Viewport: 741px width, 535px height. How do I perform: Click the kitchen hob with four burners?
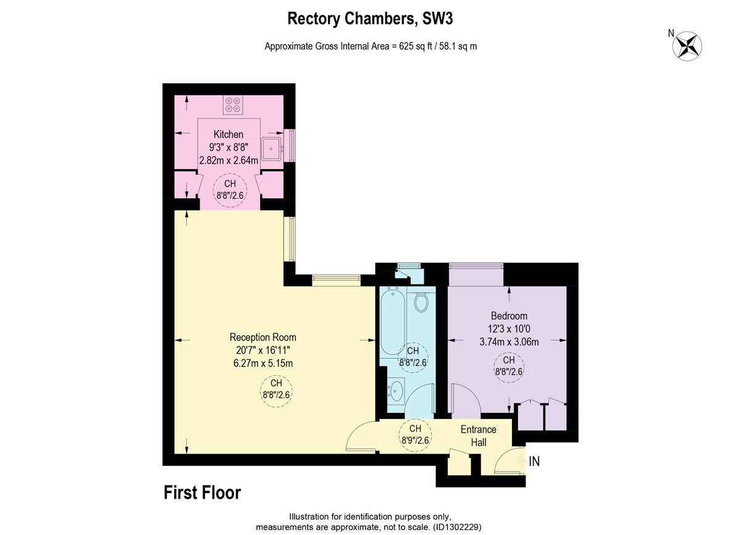pyautogui.click(x=233, y=105)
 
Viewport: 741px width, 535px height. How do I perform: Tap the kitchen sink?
pyautogui.click(x=272, y=149)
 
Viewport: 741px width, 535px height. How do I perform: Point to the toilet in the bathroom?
pyautogui.click(x=421, y=302)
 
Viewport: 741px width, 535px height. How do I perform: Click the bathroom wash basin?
pyautogui.click(x=395, y=391)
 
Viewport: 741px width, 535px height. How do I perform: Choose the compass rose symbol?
pyautogui.click(x=687, y=46)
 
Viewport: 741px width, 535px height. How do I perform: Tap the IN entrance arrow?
pyautogui.click(x=521, y=460)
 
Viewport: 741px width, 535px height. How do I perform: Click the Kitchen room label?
pyautogui.click(x=228, y=135)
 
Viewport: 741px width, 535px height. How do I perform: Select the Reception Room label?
pyautogui.click(x=263, y=338)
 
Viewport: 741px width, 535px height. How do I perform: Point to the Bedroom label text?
pyautogui.click(x=509, y=316)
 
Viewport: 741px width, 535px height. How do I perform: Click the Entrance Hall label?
pyautogui.click(x=479, y=436)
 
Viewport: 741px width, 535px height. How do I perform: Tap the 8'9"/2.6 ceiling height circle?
pyautogui.click(x=415, y=434)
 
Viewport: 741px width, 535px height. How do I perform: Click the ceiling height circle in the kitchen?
pyautogui.click(x=230, y=190)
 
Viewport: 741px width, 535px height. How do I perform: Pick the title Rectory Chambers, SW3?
pyautogui.click(x=370, y=19)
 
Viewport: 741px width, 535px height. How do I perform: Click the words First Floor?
pyautogui.click(x=203, y=492)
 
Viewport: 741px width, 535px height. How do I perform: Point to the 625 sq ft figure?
pyautogui.click(x=416, y=46)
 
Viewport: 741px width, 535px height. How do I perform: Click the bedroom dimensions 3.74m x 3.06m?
pyautogui.click(x=509, y=342)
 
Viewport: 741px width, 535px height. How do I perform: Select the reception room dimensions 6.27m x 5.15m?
pyautogui.click(x=263, y=363)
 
